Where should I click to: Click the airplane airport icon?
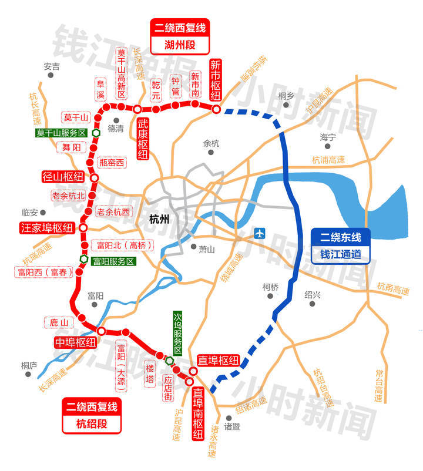(x=260, y=233)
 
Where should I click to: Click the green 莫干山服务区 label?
(x=61, y=133)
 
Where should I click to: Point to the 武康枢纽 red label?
(x=143, y=139)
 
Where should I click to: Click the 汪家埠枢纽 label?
(x=47, y=227)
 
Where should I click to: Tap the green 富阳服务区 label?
(x=113, y=261)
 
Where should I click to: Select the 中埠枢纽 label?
(x=75, y=342)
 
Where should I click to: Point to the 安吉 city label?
(x=52, y=66)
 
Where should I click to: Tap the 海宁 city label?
(x=328, y=137)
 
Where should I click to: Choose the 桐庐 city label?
(x=28, y=365)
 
